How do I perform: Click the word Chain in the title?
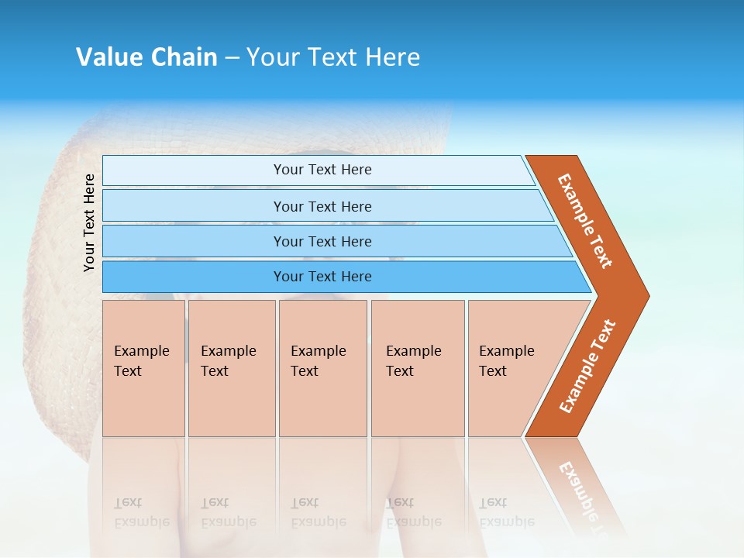tap(184, 57)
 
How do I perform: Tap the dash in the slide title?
tap(232, 57)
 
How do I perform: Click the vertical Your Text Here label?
tap(89, 222)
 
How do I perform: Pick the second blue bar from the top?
tap(322, 206)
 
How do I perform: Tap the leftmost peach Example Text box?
tap(143, 367)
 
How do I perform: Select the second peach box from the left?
tap(231, 367)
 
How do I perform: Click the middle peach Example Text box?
tap(322, 367)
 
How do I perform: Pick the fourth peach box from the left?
tap(417, 367)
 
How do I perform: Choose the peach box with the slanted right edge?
tap(511, 367)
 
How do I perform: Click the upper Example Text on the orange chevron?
tap(585, 221)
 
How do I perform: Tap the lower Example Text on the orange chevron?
tap(587, 367)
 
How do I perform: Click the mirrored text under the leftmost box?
tap(141, 512)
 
